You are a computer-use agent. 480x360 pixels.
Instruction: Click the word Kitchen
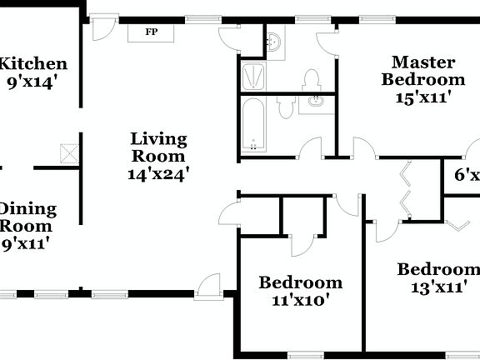coord(33,63)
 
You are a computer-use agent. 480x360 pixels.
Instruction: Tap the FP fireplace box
coord(152,32)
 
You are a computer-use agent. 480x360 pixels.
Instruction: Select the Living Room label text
coord(158,147)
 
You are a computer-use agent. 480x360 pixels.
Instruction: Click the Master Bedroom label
coord(422,71)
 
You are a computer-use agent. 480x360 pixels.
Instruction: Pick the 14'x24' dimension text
coord(158,174)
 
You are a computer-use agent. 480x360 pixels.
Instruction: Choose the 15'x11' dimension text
coord(423,97)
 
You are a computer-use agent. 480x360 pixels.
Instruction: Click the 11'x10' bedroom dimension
coord(300,300)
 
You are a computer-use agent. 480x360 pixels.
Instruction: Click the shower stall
coord(253,76)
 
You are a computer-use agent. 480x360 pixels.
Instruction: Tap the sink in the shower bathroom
coord(274,40)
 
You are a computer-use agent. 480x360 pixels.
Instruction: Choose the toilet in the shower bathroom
coord(311,80)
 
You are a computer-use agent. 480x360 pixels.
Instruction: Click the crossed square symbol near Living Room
coord(68,153)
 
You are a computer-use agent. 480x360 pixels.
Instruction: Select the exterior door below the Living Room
coord(209,285)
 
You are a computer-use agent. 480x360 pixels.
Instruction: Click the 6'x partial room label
coord(466,176)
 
